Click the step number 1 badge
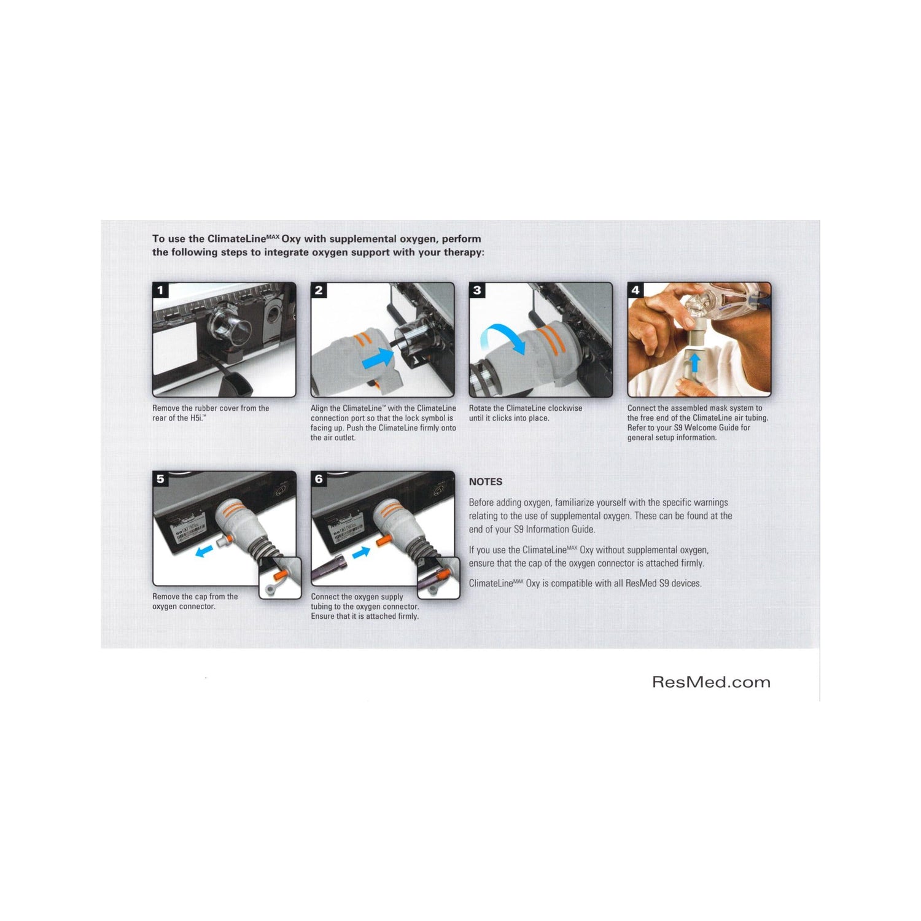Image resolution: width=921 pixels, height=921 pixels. coord(161,290)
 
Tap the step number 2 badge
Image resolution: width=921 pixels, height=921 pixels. coord(319,290)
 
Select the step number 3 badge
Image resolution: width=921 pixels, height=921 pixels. coord(477,290)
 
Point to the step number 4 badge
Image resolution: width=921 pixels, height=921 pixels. coord(635,290)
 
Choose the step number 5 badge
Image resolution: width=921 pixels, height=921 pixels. coord(161,479)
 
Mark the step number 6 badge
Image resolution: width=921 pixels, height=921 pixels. coord(319,479)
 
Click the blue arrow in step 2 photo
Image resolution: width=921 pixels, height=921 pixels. coord(378,358)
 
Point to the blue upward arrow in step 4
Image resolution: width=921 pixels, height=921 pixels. coord(694,362)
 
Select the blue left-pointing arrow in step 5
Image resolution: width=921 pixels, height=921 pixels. coord(203,551)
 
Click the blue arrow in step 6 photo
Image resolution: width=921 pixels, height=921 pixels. coord(361,552)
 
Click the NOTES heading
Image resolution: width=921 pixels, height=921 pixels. coord(486,482)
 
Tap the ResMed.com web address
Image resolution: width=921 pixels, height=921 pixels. coord(711,682)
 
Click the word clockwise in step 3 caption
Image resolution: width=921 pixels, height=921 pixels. coord(565,408)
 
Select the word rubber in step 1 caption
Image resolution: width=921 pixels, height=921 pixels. coord(206,408)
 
